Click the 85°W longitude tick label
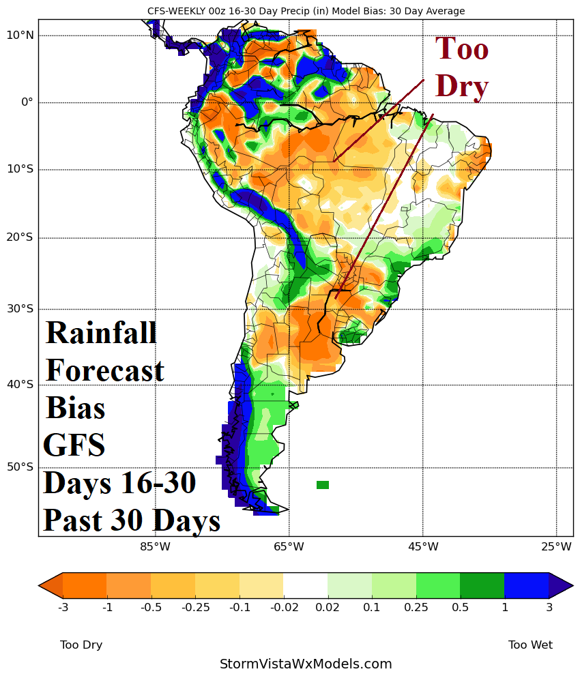click(155, 546)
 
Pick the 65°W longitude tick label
click(289, 546)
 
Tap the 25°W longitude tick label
click(556, 546)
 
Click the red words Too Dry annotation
click(462, 68)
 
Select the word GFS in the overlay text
click(74, 445)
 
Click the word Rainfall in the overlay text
click(101, 333)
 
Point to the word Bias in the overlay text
click(75, 408)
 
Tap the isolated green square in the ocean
click(323, 485)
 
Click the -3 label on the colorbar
click(63, 607)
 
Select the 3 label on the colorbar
click(549, 607)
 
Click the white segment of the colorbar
click(306, 585)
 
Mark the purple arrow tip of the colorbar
click(562, 585)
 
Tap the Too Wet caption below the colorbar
click(530, 645)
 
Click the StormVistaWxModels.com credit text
click(306, 664)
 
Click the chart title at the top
click(306, 11)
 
